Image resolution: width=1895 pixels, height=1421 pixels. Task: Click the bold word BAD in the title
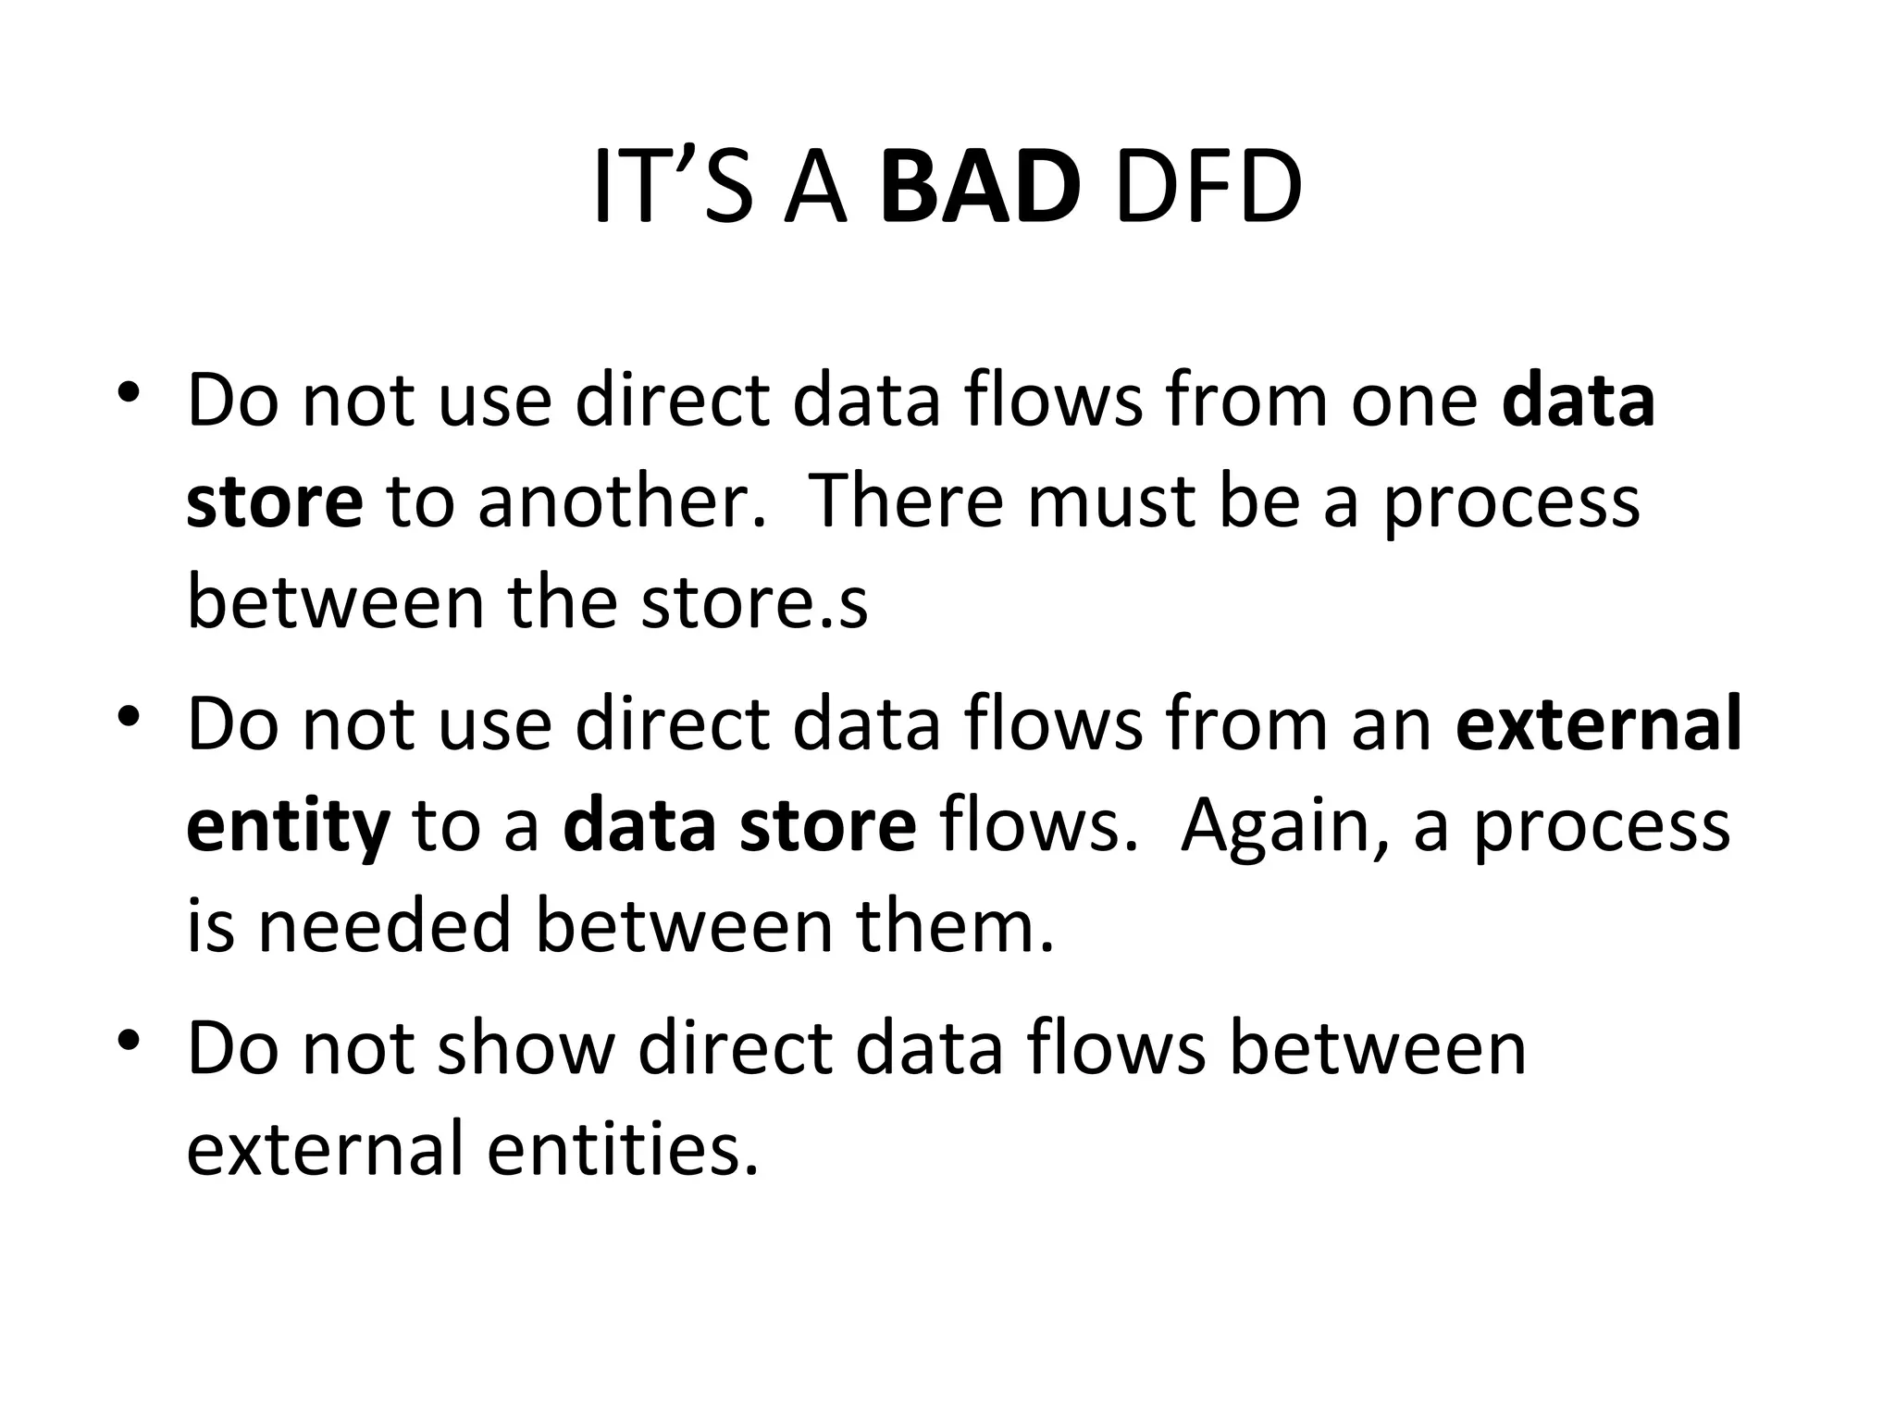980,190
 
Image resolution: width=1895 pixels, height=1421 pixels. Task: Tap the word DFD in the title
1208,190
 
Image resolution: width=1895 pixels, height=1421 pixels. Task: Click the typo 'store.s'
754,602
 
